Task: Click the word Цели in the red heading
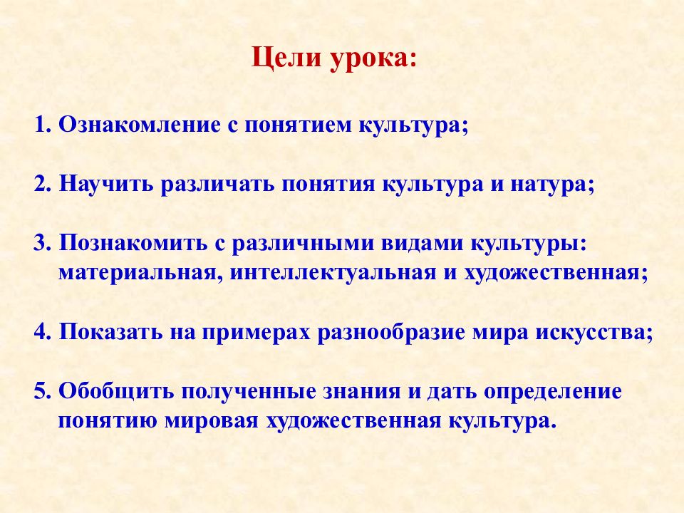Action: click(x=286, y=58)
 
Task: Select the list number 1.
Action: click(x=42, y=125)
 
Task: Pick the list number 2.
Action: click(x=42, y=184)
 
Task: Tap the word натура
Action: click(x=549, y=186)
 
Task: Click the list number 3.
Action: click(x=42, y=243)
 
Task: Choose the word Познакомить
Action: click(x=133, y=243)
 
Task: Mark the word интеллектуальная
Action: click(x=333, y=273)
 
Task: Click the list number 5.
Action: click(x=42, y=391)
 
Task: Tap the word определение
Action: click(x=552, y=393)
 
